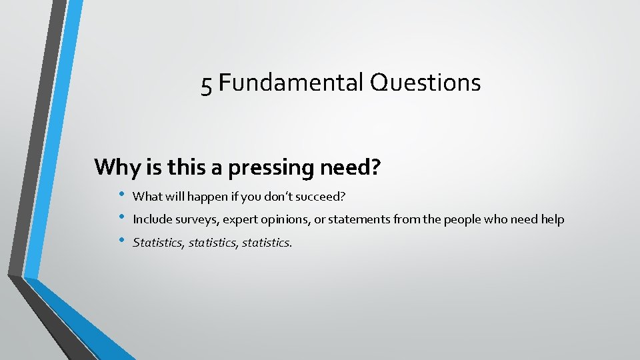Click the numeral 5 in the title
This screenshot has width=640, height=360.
click(x=207, y=85)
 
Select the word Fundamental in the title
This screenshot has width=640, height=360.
click(x=288, y=83)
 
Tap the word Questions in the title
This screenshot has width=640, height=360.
click(x=423, y=83)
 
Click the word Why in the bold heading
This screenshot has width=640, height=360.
click(x=117, y=167)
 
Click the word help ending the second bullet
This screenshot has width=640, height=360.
click(x=552, y=219)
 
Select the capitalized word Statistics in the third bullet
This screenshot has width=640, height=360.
click(x=158, y=243)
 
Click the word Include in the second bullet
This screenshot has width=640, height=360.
click(x=152, y=219)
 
